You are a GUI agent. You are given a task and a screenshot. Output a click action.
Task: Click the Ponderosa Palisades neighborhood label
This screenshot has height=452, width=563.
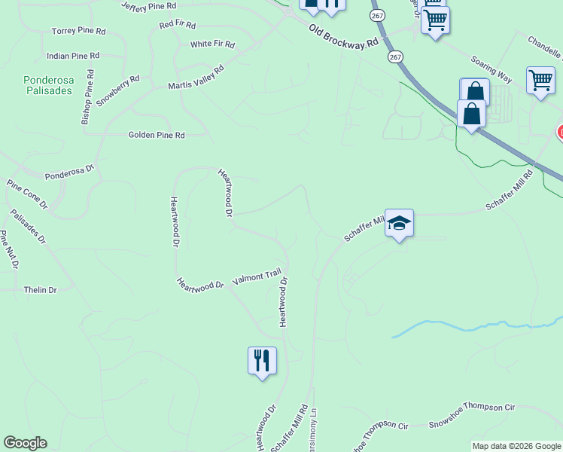click(47, 84)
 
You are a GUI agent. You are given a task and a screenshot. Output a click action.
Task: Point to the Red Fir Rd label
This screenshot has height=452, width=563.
click(177, 25)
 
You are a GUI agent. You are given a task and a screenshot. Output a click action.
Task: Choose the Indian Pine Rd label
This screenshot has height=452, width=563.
click(73, 56)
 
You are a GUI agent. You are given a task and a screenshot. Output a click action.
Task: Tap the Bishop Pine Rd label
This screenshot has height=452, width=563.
click(87, 97)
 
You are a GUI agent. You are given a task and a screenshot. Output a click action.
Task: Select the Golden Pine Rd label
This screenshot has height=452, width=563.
click(157, 135)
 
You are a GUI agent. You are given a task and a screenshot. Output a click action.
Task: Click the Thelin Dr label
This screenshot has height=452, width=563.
click(41, 290)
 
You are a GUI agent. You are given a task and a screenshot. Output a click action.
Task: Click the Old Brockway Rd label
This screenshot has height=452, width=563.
click(343, 36)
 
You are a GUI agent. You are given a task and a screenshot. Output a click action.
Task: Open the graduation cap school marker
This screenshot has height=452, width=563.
click(400, 224)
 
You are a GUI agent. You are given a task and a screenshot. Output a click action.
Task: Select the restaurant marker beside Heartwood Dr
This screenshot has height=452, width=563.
click(262, 361)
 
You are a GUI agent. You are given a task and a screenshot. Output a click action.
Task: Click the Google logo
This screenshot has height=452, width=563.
click(25, 443)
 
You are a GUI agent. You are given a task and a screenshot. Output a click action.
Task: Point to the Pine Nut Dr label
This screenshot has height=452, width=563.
click(9, 250)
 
